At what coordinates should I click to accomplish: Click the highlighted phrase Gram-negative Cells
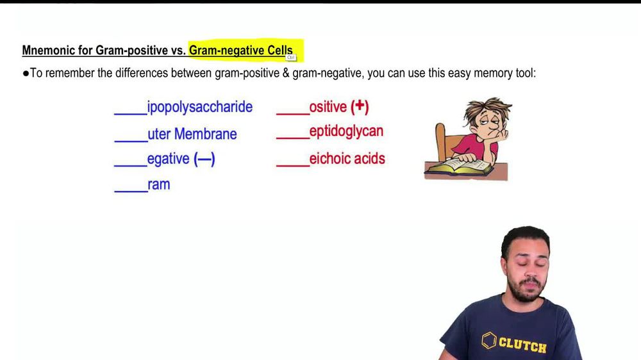(x=240, y=50)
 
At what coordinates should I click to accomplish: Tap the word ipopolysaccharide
(x=200, y=107)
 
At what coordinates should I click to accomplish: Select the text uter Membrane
(x=192, y=134)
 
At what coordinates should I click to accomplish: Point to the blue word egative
(x=169, y=159)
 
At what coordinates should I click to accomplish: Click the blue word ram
(x=158, y=185)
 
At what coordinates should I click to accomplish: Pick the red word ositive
(x=328, y=107)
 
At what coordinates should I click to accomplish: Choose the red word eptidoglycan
(x=346, y=131)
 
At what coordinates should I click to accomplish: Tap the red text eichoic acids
(x=347, y=158)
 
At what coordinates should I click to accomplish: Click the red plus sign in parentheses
(x=360, y=106)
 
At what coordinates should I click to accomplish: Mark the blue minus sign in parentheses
(x=204, y=159)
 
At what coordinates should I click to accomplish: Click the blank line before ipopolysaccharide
(x=130, y=113)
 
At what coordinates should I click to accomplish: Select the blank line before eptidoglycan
(x=292, y=137)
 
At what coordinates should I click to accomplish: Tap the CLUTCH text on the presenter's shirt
(x=522, y=345)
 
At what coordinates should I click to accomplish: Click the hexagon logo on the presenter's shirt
(x=489, y=340)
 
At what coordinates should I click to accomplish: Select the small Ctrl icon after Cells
(x=290, y=57)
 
